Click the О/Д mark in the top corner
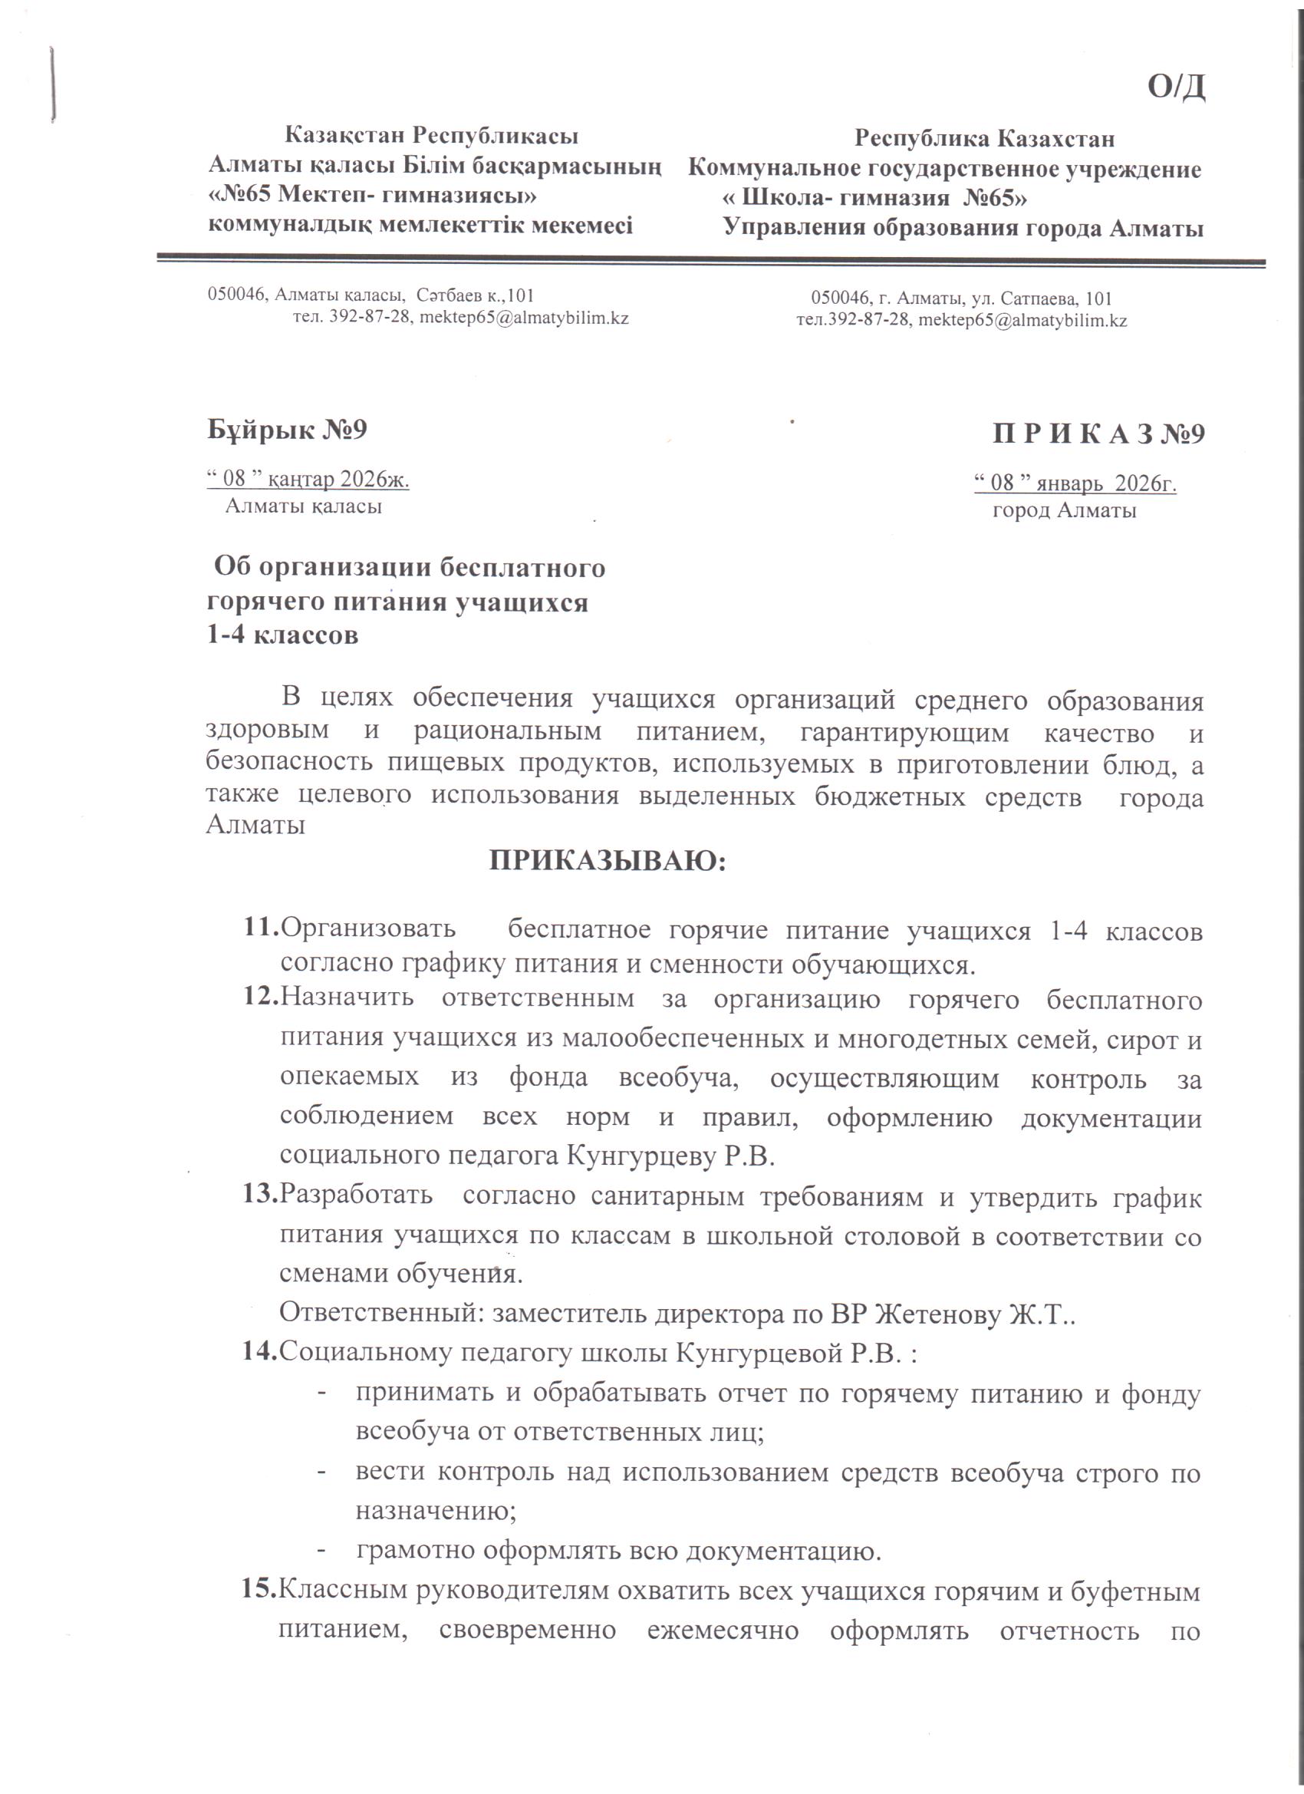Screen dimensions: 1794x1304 pyautogui.click(x=1177, y=86)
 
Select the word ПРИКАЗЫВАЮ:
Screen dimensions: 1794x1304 pyautogui.click(x=608, y=860)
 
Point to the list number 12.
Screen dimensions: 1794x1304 pyautogui.click(x=261, y=997)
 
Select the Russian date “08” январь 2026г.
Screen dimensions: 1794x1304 pyautogui.click(x=1075, y=483)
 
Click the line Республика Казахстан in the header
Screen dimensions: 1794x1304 pyautogui.click(x=985, y=138)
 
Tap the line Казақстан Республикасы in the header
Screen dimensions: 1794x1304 pyautogui.click(x=431, y=135)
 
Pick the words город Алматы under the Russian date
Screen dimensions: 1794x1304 pyautogui.click(x=1065, y=510)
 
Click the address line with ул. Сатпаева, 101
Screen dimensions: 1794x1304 pyautogui.click(x=962, y=299)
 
